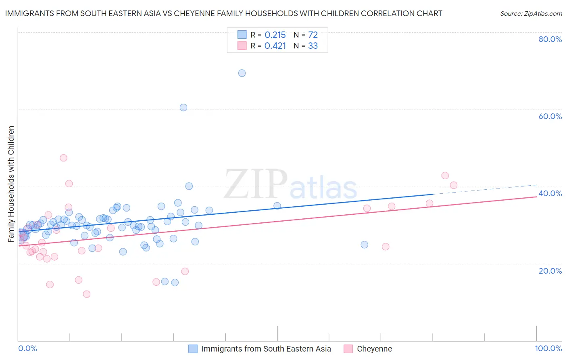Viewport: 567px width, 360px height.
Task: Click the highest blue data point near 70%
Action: pos(242,73)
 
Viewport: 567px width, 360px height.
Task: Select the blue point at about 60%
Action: pos(183,107)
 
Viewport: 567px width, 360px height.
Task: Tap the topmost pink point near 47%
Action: pos(63,158)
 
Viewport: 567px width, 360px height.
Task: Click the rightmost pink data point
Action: pos(454,185)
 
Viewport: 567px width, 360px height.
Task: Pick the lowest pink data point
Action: pos(86,294)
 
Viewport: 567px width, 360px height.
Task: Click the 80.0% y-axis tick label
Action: pos(550,39)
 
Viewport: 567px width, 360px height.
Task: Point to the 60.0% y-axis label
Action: pos(550,116)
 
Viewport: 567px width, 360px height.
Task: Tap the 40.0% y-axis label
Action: pos(550,193)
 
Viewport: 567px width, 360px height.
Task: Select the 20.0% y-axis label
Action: pos(550,271)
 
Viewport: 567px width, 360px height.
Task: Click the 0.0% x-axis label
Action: pos(27,348)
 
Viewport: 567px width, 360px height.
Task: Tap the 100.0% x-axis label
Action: pos(548,348)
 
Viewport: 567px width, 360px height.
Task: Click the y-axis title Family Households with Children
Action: pos(11,184)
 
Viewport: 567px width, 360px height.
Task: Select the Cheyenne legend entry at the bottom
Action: pos(374,349)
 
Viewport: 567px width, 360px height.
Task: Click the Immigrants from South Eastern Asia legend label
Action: pos(266,349)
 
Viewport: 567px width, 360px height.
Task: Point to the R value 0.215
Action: pos(275,35)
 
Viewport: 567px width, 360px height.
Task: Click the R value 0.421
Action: pos(275,46)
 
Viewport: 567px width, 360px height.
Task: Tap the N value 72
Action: pos(313,35)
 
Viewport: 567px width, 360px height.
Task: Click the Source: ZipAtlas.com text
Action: pos(531,13)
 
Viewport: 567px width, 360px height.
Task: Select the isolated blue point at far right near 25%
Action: pos(365,245)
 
